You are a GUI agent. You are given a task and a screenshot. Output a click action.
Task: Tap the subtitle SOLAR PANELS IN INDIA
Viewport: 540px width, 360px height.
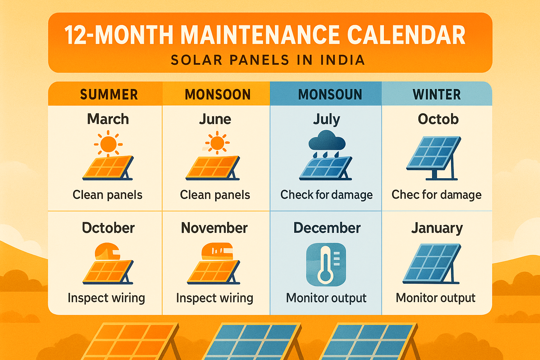point(268,60)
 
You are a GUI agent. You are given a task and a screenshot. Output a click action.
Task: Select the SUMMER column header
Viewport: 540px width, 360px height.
point(109,95)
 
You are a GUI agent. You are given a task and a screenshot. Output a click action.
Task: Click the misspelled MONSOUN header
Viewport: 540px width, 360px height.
point(330,95)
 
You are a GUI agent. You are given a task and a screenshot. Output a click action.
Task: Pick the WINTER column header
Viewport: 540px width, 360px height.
point(437,95)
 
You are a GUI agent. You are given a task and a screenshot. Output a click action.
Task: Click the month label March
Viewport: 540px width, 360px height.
point(108,119)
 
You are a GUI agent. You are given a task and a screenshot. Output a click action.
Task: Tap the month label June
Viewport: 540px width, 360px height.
point(215,119)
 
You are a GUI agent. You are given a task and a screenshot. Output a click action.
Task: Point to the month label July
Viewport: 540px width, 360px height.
point(327,120)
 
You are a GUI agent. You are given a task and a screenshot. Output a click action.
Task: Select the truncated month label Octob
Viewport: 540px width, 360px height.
point(438,119)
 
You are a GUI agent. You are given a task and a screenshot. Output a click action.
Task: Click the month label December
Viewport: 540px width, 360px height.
point(327,228)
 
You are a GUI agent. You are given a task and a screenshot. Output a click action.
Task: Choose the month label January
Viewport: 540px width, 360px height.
point(437,228)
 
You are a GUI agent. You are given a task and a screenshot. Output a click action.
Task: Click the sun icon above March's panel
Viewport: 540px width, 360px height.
point(108,144)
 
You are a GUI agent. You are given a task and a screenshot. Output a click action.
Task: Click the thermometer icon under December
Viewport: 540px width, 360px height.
point(326,264)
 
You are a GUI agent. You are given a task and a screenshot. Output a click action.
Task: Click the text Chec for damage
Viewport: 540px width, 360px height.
point(437,194)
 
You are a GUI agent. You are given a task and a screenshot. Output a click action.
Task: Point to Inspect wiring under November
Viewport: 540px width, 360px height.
point(214,298)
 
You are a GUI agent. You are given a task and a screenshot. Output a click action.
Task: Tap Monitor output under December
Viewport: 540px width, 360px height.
point(326,298)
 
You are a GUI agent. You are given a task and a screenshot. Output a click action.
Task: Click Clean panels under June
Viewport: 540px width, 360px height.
point(215,194)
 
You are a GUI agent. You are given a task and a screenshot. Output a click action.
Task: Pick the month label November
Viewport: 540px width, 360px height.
point(214,228)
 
